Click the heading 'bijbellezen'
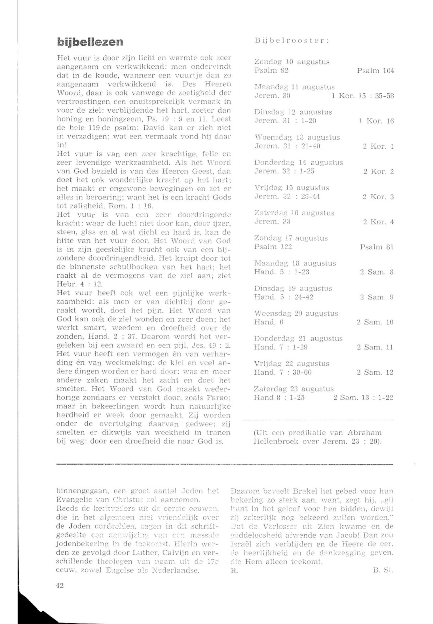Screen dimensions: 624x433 pyautogui.click(x=90, y=42)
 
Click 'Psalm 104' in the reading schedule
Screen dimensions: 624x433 pyautogui.click(x=375, y=71)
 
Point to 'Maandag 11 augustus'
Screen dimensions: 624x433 pyautogui.click(x=294, y=87)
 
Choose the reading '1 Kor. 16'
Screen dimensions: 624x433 pyautogui.click(x=376, y=121)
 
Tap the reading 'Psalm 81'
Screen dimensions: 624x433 pyautogui.click(x=377, y=247)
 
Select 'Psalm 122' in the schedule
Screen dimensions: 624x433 pyautogui.click(x=273, y=247)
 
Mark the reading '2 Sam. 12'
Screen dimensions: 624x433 pyautogui.click(x=375, y=372)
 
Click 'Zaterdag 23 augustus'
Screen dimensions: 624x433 pyautogui.click(x=294, y=389)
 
